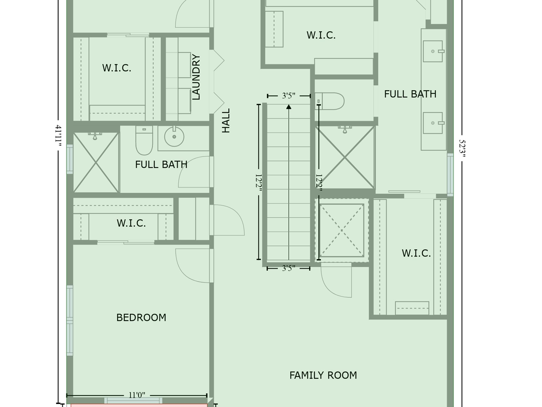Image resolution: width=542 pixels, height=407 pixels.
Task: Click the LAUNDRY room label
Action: [196, 77]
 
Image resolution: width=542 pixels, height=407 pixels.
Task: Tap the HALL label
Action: [226, 120]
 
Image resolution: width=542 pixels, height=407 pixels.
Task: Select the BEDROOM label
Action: [141, 317]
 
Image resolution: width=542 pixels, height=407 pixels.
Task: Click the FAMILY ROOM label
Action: [323, 375]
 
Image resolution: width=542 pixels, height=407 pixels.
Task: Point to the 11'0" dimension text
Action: [137, 395]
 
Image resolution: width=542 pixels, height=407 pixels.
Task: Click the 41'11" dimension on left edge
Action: [59, 136]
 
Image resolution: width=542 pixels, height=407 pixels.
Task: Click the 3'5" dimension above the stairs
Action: [289, 96]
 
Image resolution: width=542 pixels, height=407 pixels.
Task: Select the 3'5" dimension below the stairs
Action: [289, 268]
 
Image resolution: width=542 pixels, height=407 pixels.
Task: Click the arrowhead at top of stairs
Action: [289, 107]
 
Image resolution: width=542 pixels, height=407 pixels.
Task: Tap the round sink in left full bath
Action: [174, 136]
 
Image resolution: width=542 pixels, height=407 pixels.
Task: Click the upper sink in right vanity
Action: [433, 51]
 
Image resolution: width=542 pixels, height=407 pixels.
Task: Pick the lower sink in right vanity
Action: [433, 123]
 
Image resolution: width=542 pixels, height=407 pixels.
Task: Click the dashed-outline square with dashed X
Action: [342, 230]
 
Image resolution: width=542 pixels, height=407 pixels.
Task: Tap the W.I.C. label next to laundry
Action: [117, 68]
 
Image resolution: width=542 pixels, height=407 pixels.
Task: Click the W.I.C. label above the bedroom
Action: [131, 223]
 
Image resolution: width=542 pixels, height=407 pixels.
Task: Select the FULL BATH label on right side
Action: [410, 94]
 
